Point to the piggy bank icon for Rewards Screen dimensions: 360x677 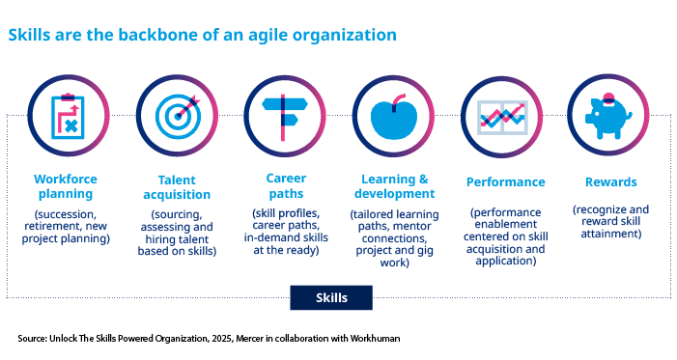click(x=608, y=114)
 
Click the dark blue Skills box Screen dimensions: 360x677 click(x=331, y=297)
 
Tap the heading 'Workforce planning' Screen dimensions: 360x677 click(x=66, y=186)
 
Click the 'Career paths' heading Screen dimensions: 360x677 click(x=285, y=186)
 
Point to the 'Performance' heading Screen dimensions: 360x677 click(x=505, y=181)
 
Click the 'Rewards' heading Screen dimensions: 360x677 click(x=608, y=181)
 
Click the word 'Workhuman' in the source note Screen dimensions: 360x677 click(x=371, y=339)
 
